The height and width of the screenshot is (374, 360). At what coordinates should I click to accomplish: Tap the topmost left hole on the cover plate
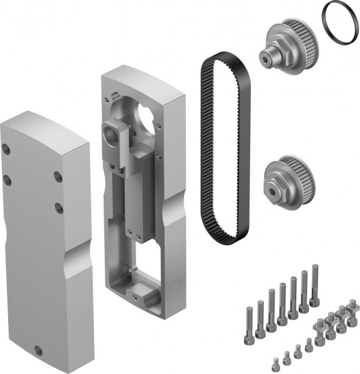coord(7,150)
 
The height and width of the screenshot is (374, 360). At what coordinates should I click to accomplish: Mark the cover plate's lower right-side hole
coord(57,205)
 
